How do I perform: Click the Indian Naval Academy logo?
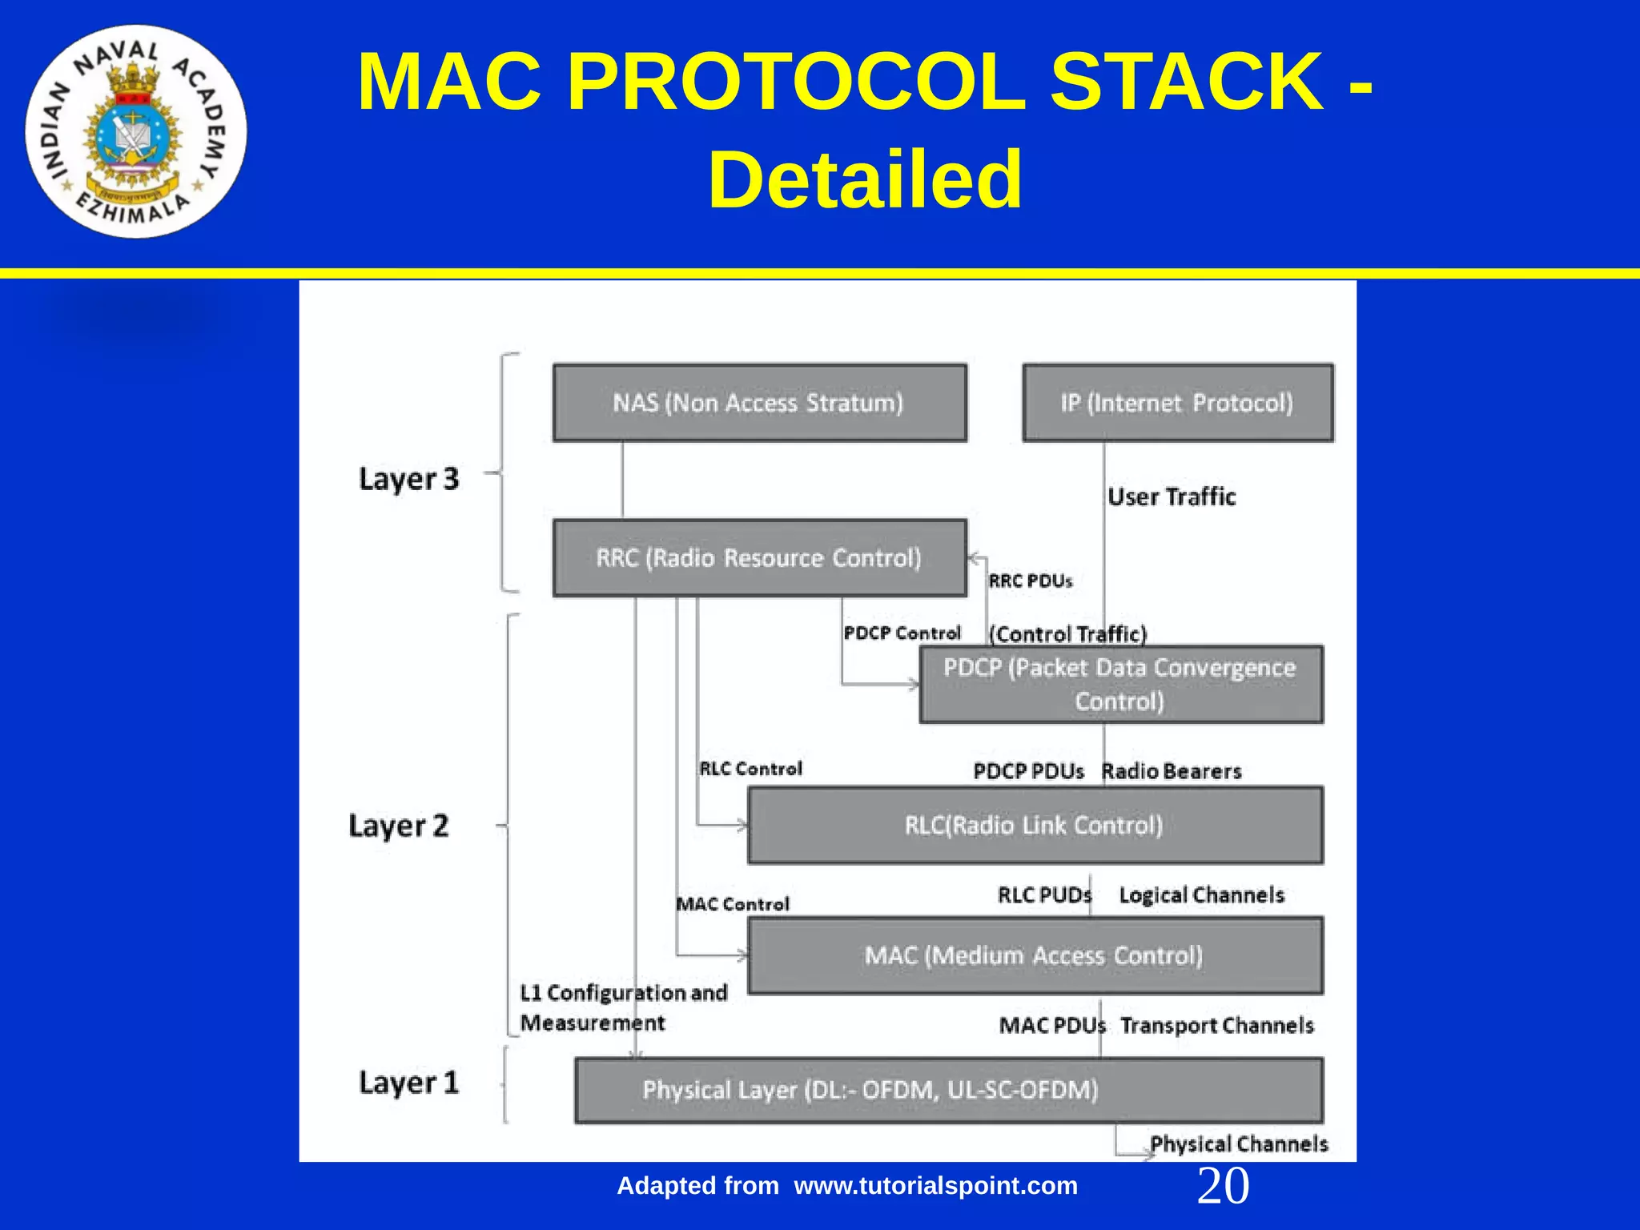(136, 131)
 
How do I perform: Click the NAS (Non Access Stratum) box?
(759, 403)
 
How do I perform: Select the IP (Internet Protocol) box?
(1177, 403)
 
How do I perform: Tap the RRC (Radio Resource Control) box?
(759, 558)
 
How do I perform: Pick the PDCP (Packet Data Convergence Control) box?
(1120, 685)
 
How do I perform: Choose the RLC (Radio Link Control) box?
(1035, 826)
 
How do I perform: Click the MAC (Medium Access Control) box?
(1035, 955)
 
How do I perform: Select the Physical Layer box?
(948, 1091)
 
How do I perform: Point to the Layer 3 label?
(408, 479)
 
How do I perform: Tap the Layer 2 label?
(399, 826)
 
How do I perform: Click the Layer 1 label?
(408, 1083)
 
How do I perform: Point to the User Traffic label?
(1172, 497)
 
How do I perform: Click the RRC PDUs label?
(1030, 581)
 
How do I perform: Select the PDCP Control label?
(902, 633)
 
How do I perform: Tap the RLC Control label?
(750, 769)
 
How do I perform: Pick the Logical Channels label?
(1201, 895)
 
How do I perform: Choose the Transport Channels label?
(1217, 1026)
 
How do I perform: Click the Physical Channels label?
(1239, 1144)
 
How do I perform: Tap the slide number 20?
(1223, 1186)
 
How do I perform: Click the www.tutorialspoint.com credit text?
(935, 1186)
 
